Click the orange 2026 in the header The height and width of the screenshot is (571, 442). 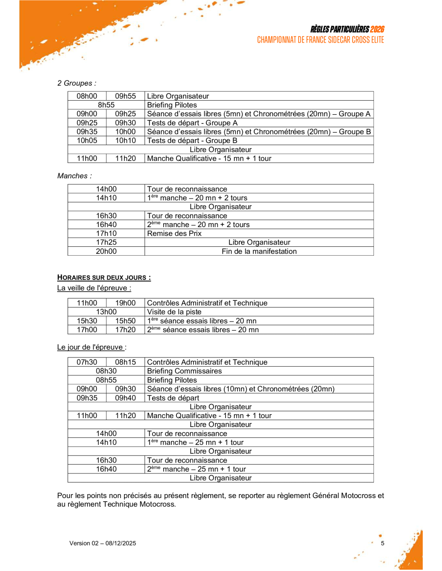(377, 29)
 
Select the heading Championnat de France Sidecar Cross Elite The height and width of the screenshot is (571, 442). (320, 40)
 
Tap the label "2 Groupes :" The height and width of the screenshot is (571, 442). (77, 83)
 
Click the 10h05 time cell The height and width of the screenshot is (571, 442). (87, 141)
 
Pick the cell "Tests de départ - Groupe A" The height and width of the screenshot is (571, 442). (192, 123)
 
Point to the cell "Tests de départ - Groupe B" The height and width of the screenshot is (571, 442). (192, 141)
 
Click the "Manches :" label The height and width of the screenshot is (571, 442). (74, 176)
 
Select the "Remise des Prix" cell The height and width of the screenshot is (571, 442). (174, 233)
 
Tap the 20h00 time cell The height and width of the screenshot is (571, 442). (106, 251)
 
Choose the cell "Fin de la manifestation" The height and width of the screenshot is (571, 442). (259, 251)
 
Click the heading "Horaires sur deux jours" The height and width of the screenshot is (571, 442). (104, 278)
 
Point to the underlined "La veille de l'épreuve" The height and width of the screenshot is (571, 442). (94, 288)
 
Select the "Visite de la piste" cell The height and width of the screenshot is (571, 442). (174, 312)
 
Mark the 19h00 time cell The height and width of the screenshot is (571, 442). (125, 303)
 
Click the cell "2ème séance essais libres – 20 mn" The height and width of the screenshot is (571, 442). (203, 330)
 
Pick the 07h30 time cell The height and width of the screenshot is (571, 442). (87, 362)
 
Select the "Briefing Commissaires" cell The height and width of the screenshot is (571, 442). (184, 371)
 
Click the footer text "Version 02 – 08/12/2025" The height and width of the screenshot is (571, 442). (102, 543)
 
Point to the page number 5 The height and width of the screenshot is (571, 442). (383, 543)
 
